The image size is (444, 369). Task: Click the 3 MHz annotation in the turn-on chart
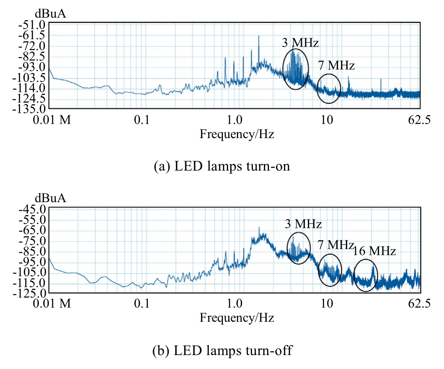(x=301, y=43)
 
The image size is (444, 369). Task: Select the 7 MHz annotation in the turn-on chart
(x=336, y=66)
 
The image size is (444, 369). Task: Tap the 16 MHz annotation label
(x=374, y=251)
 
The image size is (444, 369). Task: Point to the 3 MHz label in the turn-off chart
(x=303, y=224)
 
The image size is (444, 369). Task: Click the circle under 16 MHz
(x=365, y=275)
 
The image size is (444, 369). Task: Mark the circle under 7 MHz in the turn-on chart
(x=328, y=89)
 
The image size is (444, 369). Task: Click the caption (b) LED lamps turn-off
(x=222, y=350)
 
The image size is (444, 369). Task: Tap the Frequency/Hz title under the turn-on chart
(x=237, y=134)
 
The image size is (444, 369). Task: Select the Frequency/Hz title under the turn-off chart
(x=237, y=318)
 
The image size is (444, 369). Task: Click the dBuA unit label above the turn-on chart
(x=51, y=14)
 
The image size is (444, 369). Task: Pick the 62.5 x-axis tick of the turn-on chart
(x=420, y=121)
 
